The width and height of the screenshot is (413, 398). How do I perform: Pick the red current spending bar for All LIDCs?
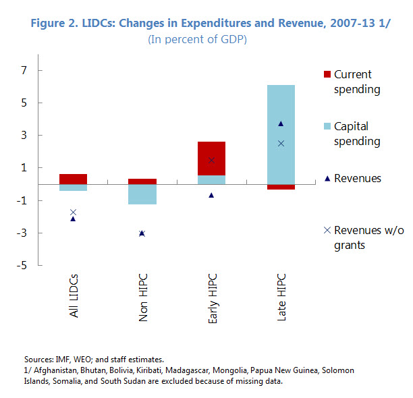point(73,179)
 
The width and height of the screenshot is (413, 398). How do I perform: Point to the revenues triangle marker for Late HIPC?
point(281,123)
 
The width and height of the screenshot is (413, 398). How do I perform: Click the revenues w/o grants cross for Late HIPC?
point(281,143)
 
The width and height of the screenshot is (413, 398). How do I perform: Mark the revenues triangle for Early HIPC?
point(211,195)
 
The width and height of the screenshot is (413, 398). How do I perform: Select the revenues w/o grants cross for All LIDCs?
point(73,212)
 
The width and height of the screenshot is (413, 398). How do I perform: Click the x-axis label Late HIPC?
point(281,297)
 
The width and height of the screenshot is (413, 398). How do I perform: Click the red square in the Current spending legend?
point(327,74)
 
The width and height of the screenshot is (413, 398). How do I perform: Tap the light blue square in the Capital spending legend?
point(327,126)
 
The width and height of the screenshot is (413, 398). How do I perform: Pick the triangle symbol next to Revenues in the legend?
point(327,179)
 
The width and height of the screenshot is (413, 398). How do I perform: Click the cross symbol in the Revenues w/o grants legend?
point(327,230)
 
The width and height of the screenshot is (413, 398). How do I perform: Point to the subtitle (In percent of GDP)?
point(197,39)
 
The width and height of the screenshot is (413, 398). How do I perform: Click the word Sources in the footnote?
point(38,360)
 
